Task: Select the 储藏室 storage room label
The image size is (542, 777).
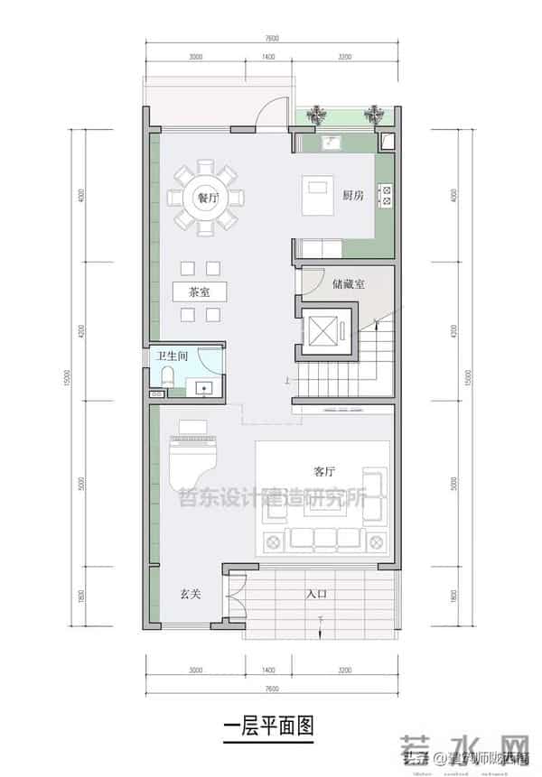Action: click(x=348, y=283)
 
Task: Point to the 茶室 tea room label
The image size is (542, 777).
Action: click(x=200, y=291)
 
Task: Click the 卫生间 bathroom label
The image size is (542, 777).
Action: click(x=172, y=356)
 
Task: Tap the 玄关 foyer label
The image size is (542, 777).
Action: click(x=189, y=595)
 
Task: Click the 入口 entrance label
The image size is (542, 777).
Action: click(x=317, y=594)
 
